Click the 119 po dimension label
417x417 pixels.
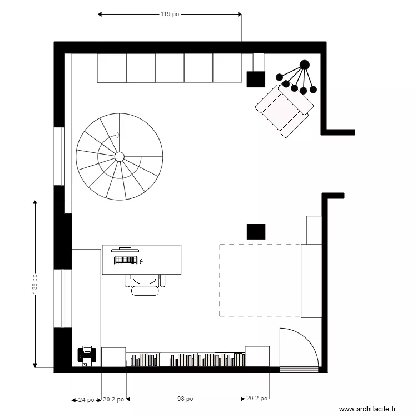pos(170,14)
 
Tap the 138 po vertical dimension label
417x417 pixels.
pos(35,284)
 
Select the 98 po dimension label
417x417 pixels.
pos(185,399)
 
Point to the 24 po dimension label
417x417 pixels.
pos(86,399)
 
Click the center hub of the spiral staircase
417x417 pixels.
pos(119,157)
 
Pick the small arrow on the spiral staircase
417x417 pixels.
pos(117,135)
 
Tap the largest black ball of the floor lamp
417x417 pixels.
pos(304,64)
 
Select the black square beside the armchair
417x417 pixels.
pos(256,79)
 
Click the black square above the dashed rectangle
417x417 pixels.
pos(256,231)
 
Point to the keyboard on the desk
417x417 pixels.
pos(126,260)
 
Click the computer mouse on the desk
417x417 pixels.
pos(141,261)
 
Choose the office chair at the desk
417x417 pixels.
pos(146,284)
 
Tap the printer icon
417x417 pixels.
pos(86,354)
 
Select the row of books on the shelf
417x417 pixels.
pos(187,360)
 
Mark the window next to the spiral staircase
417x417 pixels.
pos(59,156)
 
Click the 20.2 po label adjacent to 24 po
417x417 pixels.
pos(113,399)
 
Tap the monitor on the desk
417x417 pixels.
pos(125,250)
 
